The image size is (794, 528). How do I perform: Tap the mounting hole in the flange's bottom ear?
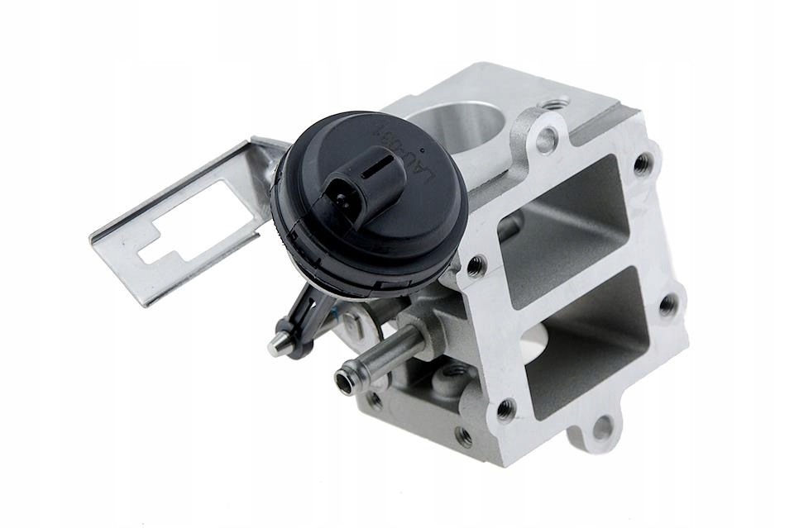(603, 427)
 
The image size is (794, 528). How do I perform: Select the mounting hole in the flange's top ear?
(546, 140)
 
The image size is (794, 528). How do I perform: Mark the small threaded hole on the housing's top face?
(553, 105)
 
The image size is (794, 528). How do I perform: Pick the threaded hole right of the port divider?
(667, 304)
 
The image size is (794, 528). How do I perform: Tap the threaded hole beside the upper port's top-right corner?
(643, 164)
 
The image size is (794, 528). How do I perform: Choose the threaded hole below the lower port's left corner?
(505, 407)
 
